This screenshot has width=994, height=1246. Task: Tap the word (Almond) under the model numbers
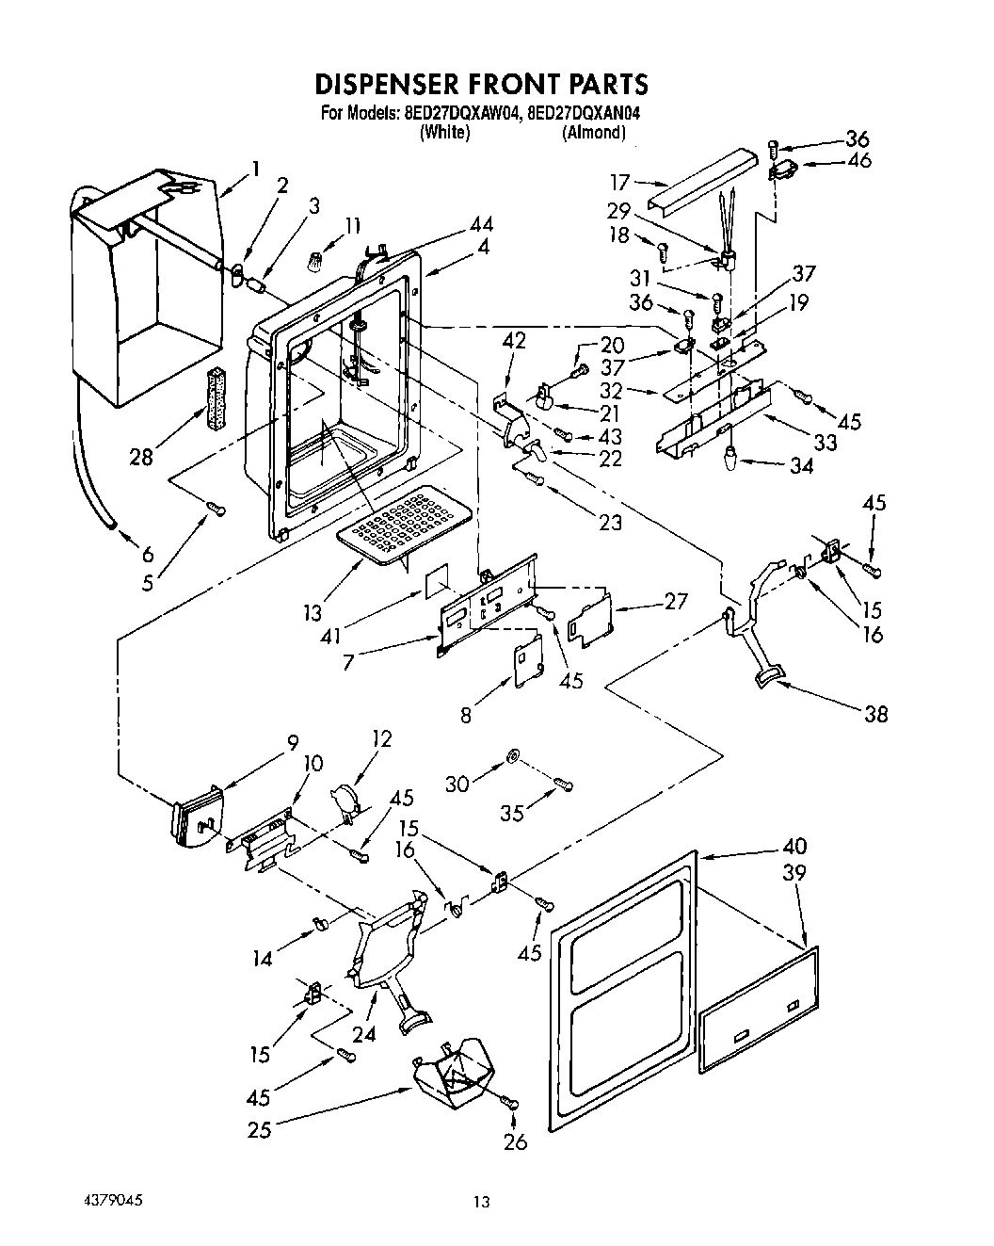point(593,133)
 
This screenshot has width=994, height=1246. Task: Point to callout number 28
point(141,458)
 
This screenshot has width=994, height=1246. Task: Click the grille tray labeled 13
point(403,523)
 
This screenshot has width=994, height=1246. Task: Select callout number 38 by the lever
point(875,714)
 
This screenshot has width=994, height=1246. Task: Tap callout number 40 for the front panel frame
point(794,847)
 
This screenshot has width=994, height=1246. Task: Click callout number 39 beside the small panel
point(794,873)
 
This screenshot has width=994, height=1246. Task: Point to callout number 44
point(481,224)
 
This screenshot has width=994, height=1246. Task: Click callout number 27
point(675,601)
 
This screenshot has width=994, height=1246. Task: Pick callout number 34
point(801,465)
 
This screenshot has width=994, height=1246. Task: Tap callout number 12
point(382,739)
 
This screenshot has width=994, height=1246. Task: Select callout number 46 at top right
point(858,160)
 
